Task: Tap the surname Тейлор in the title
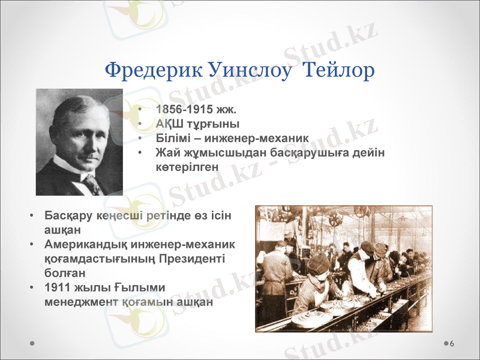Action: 340,70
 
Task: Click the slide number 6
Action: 451,343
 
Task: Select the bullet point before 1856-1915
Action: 139,110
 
